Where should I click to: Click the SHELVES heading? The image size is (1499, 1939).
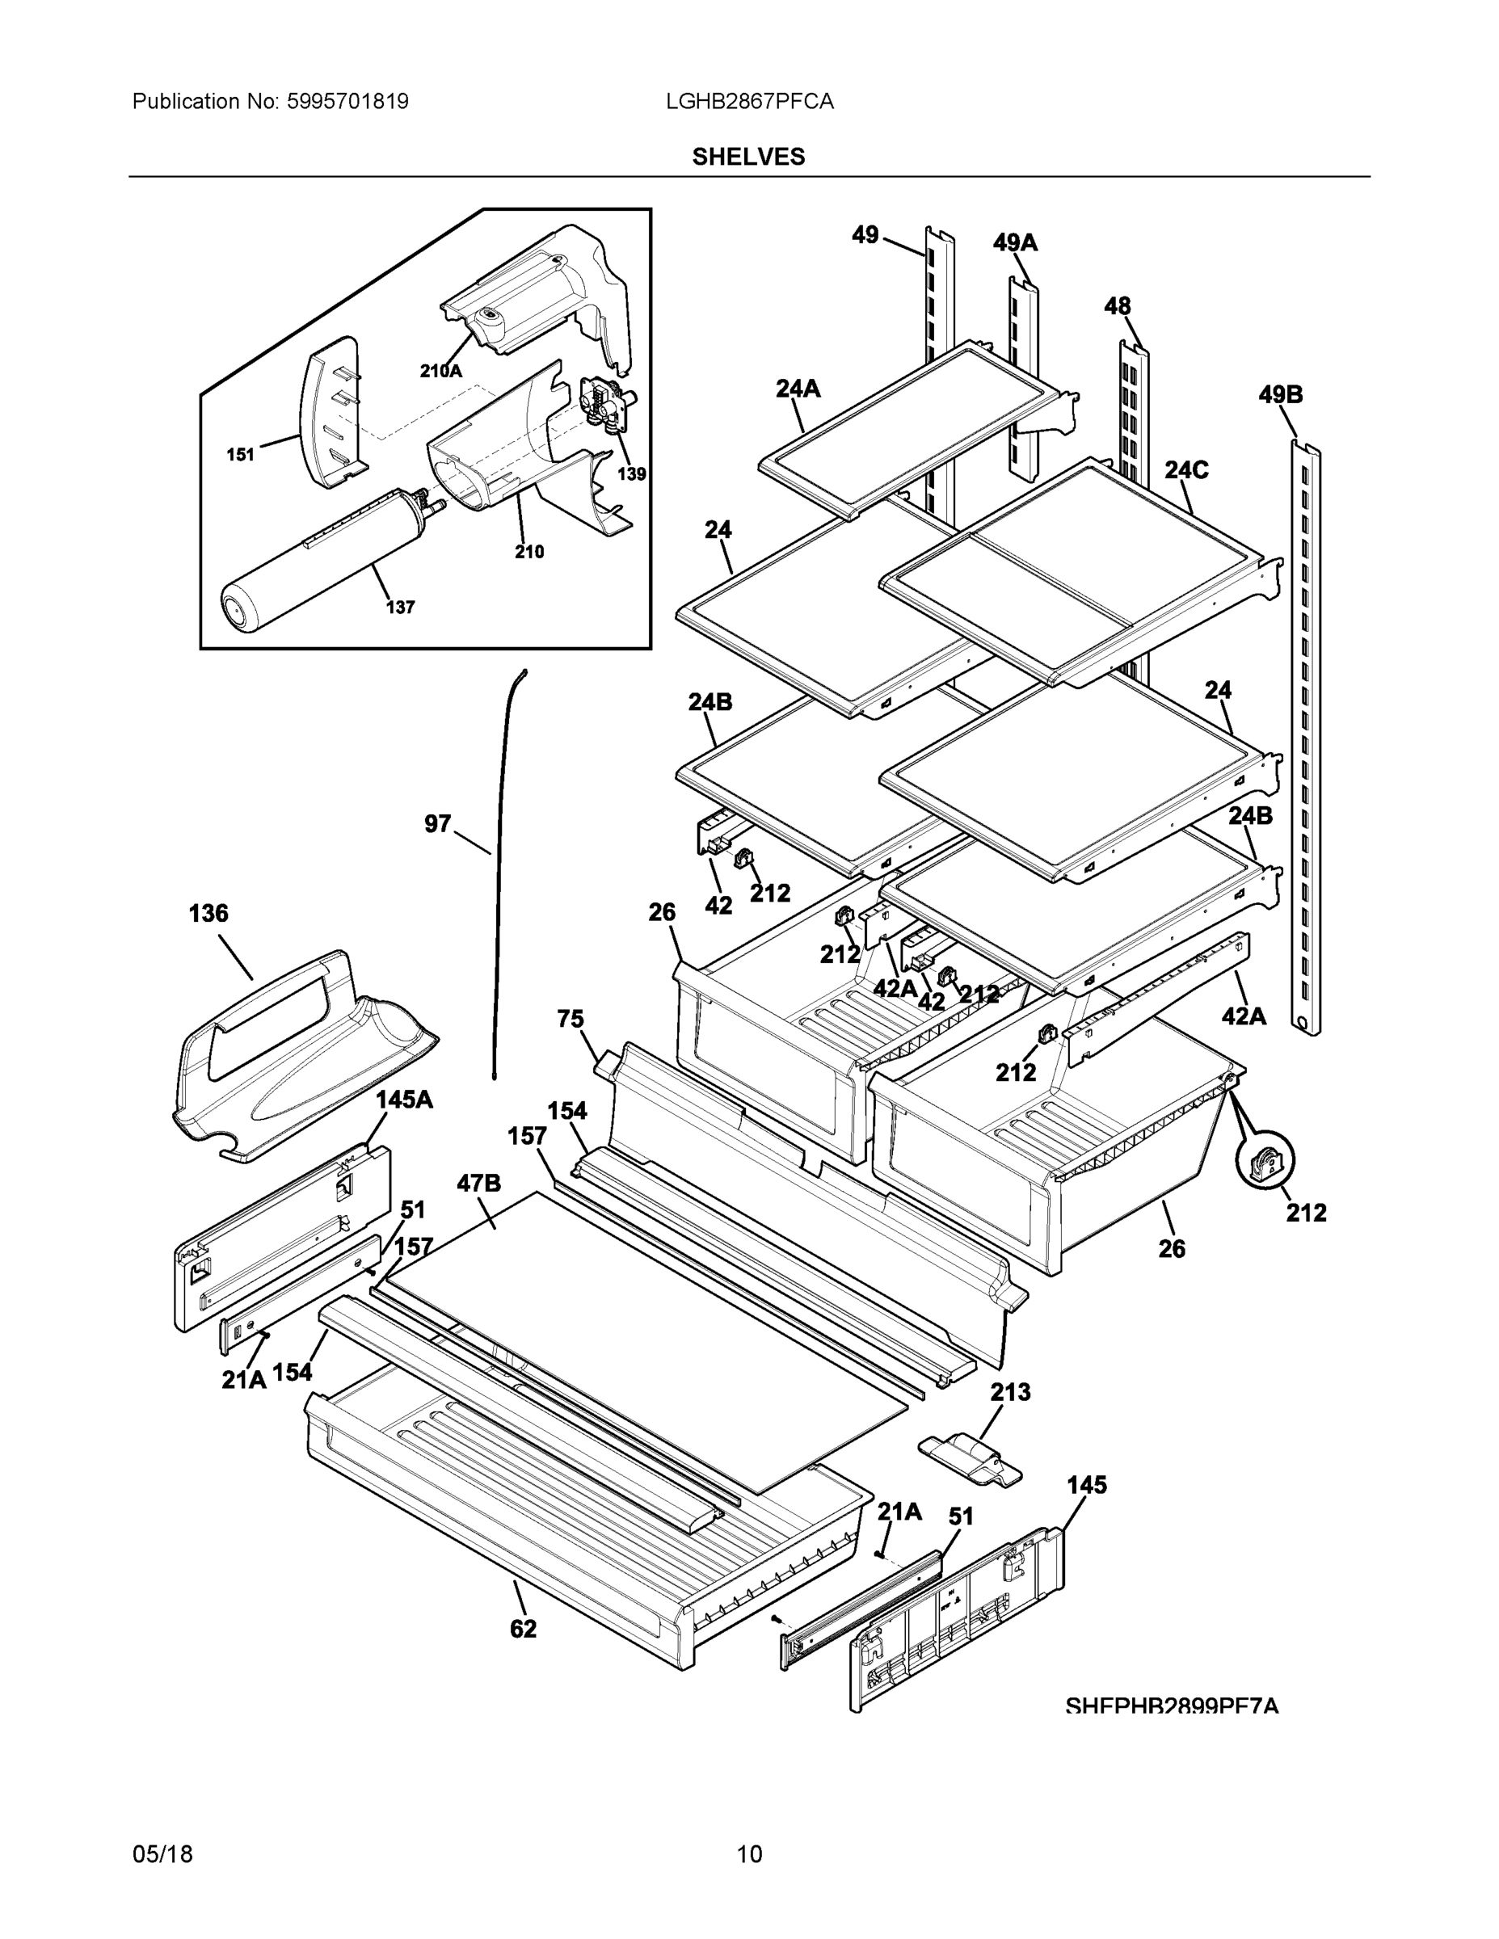pos(748,158)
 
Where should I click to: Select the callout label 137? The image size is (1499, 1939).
pos(400,608)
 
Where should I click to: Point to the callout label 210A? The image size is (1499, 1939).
pos(440,371)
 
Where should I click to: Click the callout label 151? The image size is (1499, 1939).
pos(240,455)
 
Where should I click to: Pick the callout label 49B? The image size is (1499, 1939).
pos(1280,394)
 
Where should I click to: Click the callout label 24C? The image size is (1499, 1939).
pos(1185,469)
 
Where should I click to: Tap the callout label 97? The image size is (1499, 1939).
pos(438,824)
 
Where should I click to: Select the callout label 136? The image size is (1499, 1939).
pos(208,913)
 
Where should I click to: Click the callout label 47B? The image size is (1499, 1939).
pos(478,1183)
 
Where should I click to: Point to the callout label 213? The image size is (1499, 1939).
pos(1011,1391)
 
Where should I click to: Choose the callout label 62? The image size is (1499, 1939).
pos(523,1628)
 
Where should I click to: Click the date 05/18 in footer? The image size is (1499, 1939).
pos(162,1854)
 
